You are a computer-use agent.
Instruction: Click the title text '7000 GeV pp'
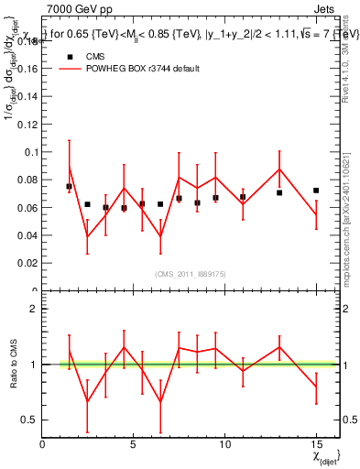coord(74,7)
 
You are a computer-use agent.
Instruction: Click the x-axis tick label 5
coord(134,445)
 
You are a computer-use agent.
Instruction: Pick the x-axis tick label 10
coord(224,445)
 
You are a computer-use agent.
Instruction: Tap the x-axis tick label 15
coord(316,445)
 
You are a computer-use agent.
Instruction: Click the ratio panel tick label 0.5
coord(29,420)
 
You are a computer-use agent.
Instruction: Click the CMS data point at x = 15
coord(316,191)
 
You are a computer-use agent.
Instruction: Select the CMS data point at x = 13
coord(279,192)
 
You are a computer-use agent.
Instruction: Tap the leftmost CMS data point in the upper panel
coord(69,186)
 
